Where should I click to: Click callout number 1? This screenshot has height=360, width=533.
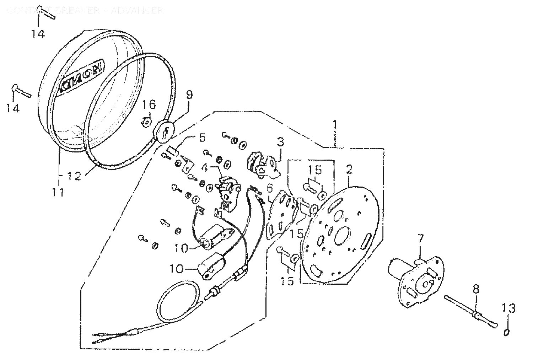[334, 125]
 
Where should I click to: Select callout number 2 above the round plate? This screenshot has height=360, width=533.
[349, 170]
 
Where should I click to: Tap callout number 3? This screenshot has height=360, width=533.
[281, 143]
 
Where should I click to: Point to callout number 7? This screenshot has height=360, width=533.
[420, 239]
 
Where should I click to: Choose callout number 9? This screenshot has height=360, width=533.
[189, 95]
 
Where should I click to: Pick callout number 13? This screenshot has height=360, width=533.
[509, 308]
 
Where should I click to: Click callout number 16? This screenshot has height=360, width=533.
[149, 105]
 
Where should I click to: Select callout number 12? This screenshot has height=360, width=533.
[75, 176]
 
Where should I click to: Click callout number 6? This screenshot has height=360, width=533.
[270, 187]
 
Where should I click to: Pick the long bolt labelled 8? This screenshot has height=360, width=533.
[469, 309]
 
